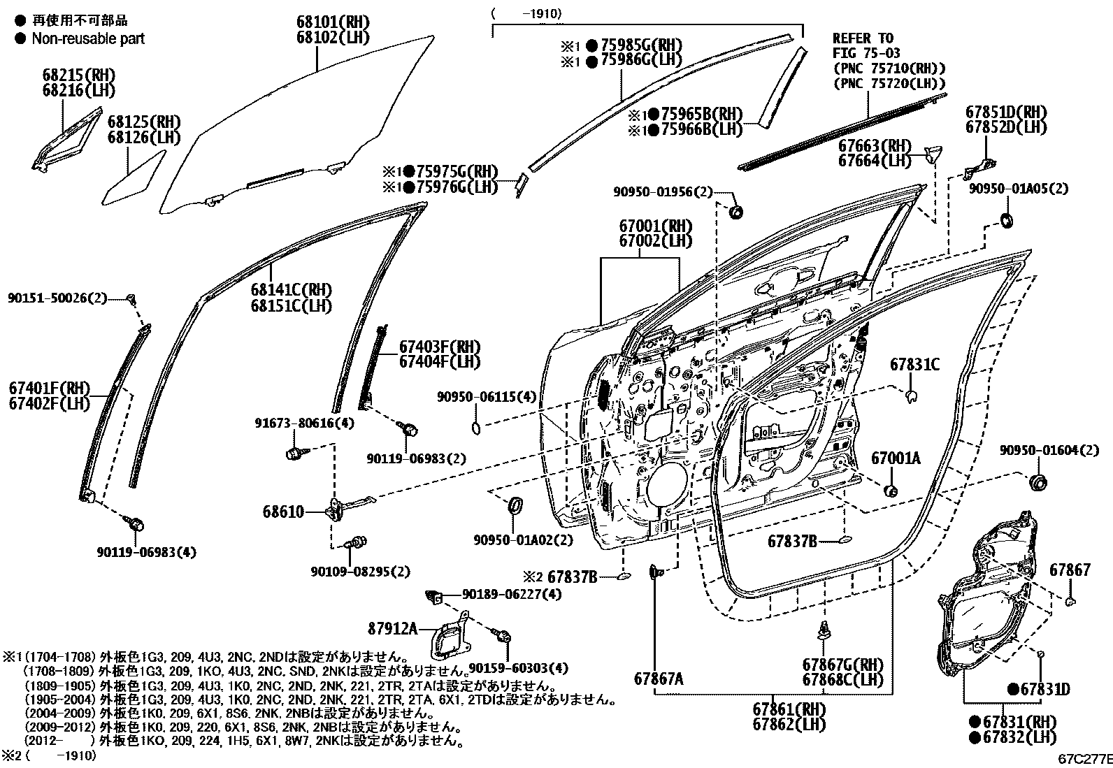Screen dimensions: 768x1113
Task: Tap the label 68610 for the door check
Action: [284, 512]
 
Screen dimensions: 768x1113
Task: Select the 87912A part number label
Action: [393, 629]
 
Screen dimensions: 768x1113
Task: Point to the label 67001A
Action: [896, 458]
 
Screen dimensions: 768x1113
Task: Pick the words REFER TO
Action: [862, 38]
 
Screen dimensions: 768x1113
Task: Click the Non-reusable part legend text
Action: [88, 38]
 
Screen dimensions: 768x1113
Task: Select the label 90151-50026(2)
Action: [57, 298]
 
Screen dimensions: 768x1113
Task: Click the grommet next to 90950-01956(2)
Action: [734, 212]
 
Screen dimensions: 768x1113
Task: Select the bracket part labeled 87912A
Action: [450, 637]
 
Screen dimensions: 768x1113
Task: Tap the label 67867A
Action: [659, 678]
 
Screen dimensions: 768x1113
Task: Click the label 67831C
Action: [914, 365]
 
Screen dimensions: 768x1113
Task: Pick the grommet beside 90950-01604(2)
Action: [1039, 482]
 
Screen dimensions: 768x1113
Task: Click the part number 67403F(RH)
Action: [440, 347]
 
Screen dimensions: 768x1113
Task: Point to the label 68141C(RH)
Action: [291, 290]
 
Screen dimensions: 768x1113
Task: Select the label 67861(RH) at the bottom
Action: [789, 708]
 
